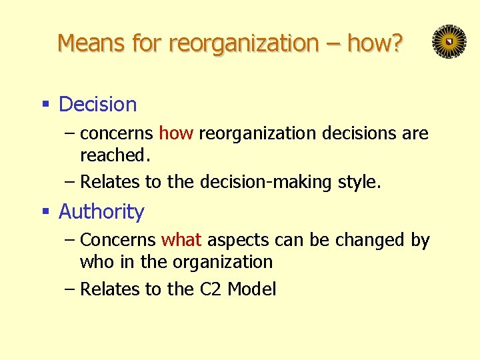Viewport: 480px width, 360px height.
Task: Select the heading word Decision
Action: click(x=98, y=105)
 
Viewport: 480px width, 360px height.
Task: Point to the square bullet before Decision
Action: click(x=46, y=105)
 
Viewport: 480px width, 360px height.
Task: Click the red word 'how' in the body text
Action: click(x=176, y=133)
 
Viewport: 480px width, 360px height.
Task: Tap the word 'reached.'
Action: click(x=113, y=155)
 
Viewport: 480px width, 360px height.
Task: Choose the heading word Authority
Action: click(x=101, y=212)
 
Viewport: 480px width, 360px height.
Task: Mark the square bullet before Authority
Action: click(x=46, y=212)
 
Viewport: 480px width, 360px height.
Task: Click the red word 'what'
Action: click(x=181, y=240)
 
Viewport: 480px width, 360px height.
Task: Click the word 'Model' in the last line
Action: click(x=252, y=289)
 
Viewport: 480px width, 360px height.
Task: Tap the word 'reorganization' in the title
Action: click(x=244, y=43)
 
